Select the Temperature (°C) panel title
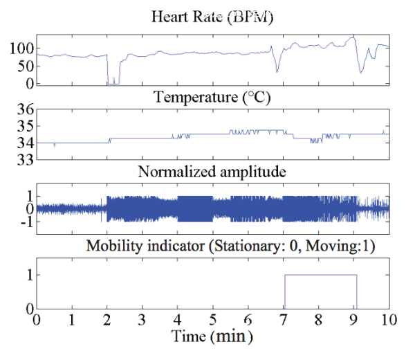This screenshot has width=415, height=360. pyautogui.click(x=212, y=98)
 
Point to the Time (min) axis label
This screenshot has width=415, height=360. pyautogui.click(x=212, y=339)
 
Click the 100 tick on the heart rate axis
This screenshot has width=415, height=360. pyautogui.click(x=19, y=48)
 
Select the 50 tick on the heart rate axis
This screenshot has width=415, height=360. pyautogui.click(x=24, y=66)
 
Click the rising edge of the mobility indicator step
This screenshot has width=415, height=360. pyautogui.click(x=284, y=291)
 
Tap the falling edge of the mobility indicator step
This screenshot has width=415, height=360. pyautogui.click(x=357, y=291)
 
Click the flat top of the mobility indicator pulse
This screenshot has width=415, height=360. pyautogui.click(x=320, y=275)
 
